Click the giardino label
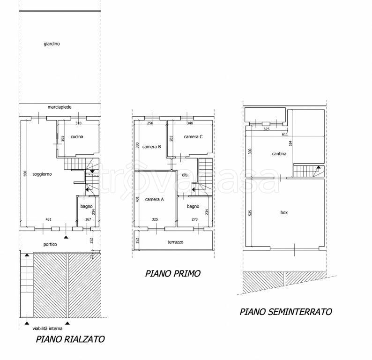(x=52, y=44)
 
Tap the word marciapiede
(x=60, y=107)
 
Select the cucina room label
(x=77, y=137)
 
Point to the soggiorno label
(x=42, y=174)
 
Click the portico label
(x=50, y=244)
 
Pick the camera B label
(x=152, y=147)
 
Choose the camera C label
(x=193, y=137)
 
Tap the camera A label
(x=155, y=199)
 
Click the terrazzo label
(x=175, y=242)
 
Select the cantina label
(x=279, y=154)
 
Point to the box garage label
(x=284, y=213)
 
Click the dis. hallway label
(x=185, y=175)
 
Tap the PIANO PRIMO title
(x=173, y=274)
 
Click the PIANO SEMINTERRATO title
(x=286, y=312)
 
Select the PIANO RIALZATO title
(x=70, y=339)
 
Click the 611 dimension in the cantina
(x=285, y=135)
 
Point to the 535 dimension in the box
(x=250, y=213)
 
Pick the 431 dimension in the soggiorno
(x=48, y=219)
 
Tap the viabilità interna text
(x=47, y=329)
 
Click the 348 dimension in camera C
(x=190, y=123)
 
